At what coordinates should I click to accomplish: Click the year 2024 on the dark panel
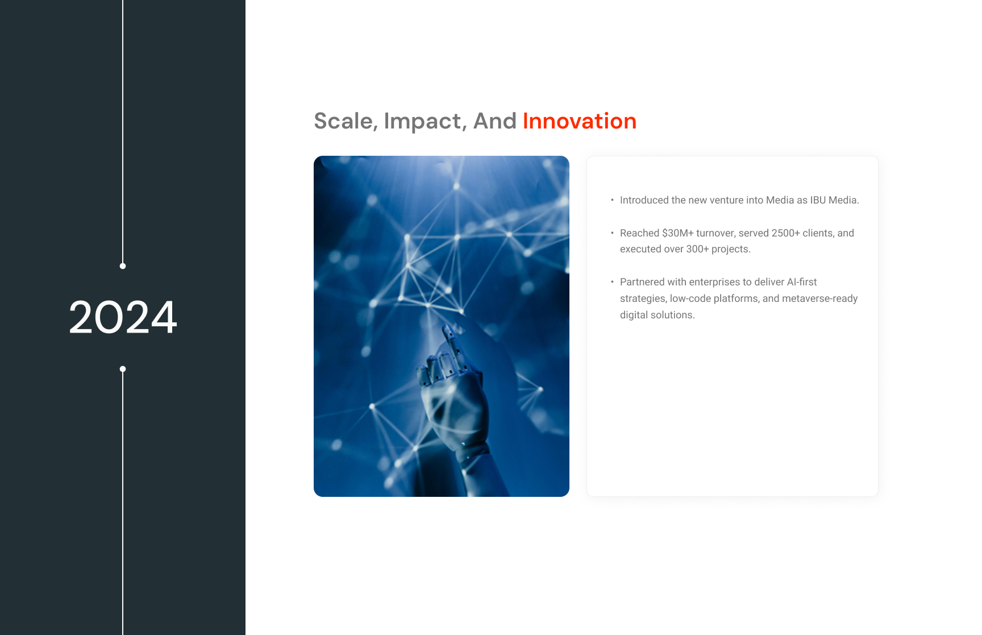tap(123, 317)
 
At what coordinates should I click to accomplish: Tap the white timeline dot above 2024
tap(123, 266)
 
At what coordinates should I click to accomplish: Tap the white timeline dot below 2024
tap(123, 369)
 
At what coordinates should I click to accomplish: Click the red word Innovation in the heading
tap(580, 121)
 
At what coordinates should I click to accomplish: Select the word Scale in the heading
tap(343, 121)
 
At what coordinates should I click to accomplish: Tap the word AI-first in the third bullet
tap(802, 282)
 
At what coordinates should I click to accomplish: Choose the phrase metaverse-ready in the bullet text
tap(820, 298)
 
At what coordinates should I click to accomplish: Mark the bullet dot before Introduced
tap(612, 200)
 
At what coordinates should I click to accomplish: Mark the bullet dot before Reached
tap(612, 233)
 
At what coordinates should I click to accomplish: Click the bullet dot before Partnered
tap(612, 282)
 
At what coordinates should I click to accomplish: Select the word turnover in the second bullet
tap(715, 233)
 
